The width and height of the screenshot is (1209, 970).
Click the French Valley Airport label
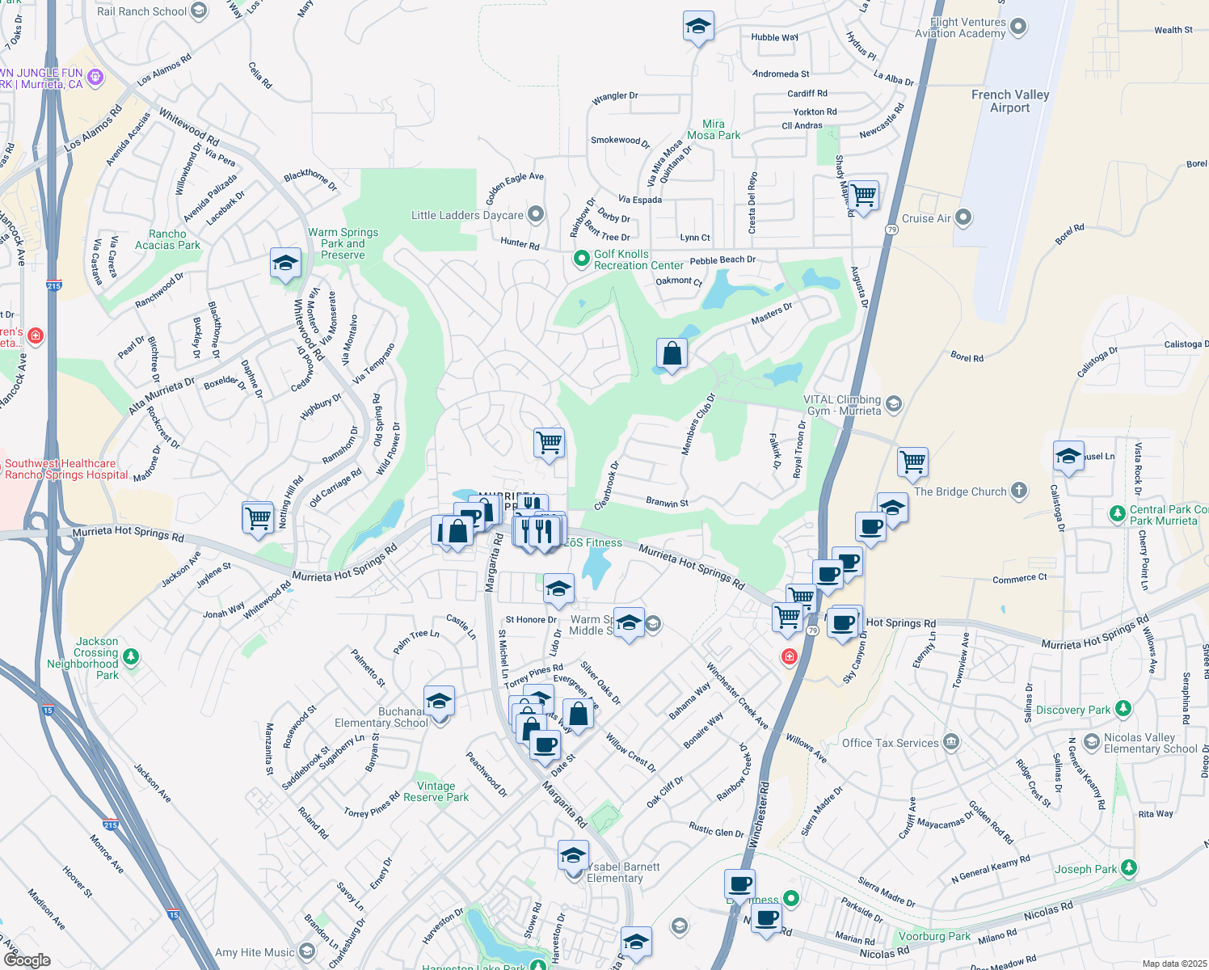(1009, 101)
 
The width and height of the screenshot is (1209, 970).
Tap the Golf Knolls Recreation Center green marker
(581, 259)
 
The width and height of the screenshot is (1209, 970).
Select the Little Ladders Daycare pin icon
(535, 214)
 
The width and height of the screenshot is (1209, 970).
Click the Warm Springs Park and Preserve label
(343, 243)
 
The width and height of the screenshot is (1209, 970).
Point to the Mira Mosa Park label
(713, 129)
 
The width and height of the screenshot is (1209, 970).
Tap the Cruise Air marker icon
(963, 217)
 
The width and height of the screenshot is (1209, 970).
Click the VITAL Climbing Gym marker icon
(893, 403)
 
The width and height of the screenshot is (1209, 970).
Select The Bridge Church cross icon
(1019, 490)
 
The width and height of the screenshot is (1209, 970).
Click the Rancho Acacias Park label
(167, 239)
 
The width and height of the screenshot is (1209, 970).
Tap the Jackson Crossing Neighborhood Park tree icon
(131, 656)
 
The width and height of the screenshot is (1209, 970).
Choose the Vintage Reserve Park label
(436, 791)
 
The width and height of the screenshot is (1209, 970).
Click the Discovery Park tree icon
(1123, 709)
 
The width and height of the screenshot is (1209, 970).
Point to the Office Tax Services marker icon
(951, 741)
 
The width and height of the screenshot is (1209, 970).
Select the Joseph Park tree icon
(1129, 868)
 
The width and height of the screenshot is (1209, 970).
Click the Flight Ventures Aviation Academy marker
(1018, 27)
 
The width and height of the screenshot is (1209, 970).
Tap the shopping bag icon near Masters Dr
(672, 354)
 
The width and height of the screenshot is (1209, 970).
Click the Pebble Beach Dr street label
(722, 260)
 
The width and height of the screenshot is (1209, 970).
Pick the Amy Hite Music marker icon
(306, 951)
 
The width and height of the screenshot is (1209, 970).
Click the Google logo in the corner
(27, 959)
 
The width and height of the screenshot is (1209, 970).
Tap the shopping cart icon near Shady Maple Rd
(863, 195)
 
